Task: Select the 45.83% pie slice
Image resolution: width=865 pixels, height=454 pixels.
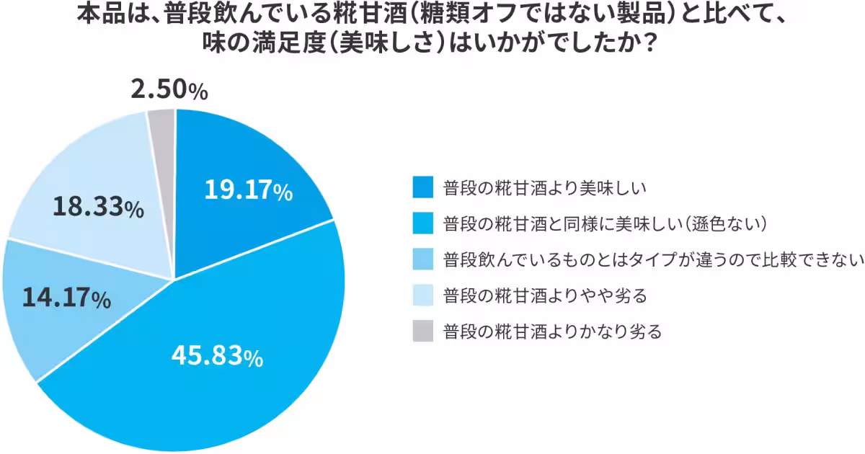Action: pyautogui.click(x=216, y=360)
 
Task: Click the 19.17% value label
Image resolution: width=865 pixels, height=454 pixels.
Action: pyautogui.click(x=248, y=190)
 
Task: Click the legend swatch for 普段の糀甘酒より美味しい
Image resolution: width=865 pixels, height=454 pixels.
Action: pyautogui.click(x=423, y=187)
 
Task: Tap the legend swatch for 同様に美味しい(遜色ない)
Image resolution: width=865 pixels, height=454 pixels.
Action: pyautogui.click(x=423, y=223)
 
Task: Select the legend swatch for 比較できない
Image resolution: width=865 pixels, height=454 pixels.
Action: pyautogui.click(x=423, y=259)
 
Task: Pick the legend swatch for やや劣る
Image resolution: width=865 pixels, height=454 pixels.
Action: pyautogui.click(x=423, y=295)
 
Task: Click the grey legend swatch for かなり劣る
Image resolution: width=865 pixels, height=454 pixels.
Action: pyautogui.click(x=423, y=331)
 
